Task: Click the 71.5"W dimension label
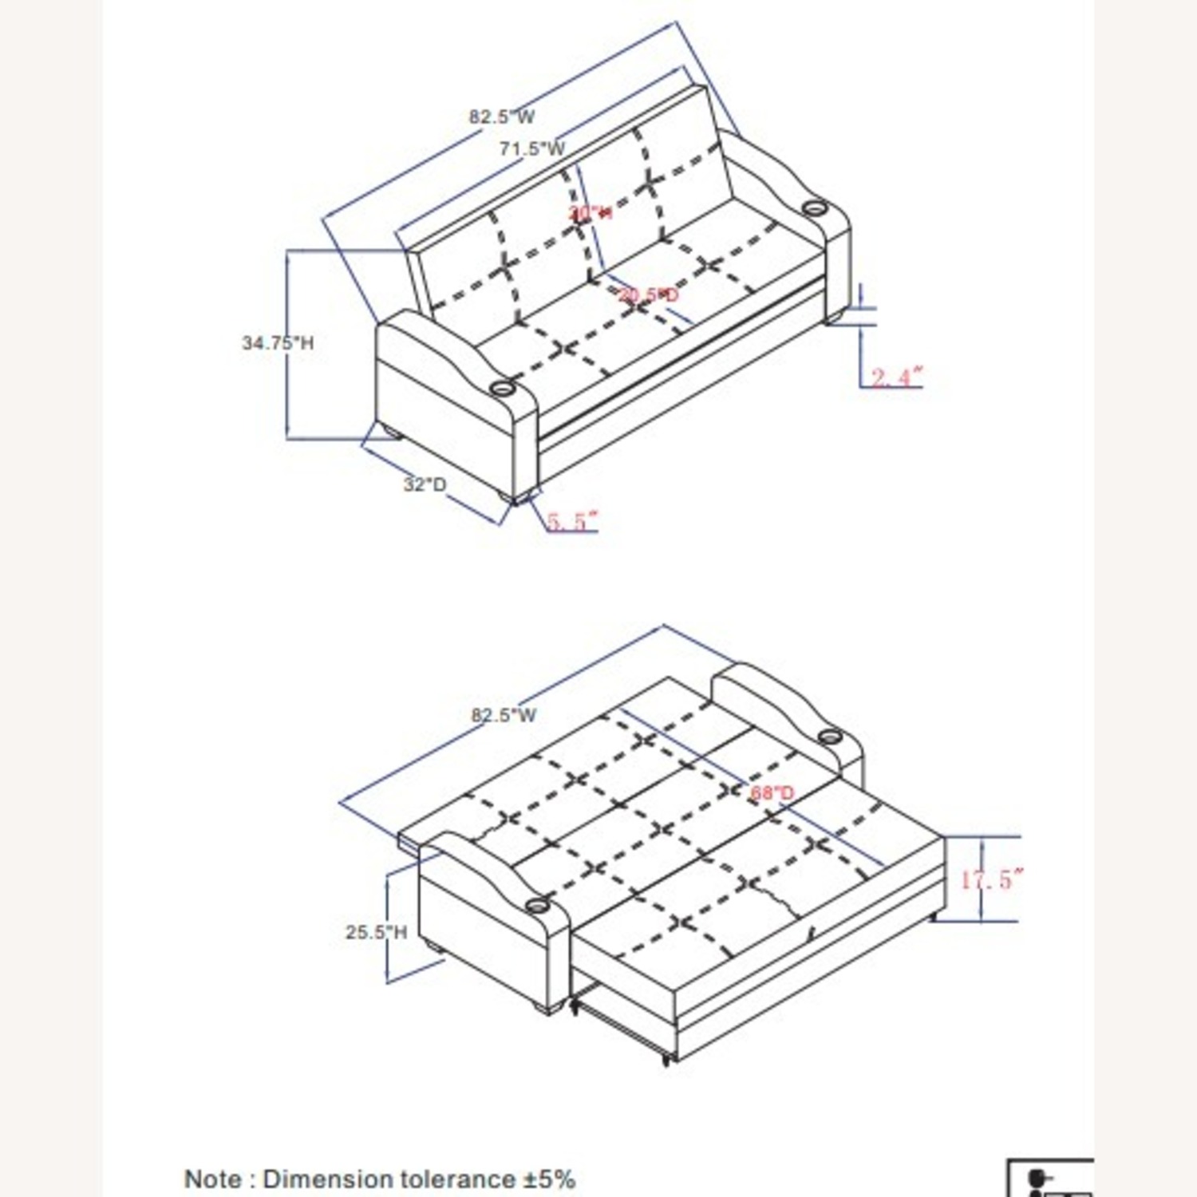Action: (532, 148)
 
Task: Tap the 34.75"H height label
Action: (278, 343)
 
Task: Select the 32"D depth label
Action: (425, 484)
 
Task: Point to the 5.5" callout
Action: (571, 521)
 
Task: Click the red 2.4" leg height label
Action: (896, 377)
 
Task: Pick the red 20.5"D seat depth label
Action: (649, 295)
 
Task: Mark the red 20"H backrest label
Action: (591, 213)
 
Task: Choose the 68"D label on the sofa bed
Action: (772, 793)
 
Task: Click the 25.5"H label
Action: (376, 932)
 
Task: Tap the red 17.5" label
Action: (990, 880)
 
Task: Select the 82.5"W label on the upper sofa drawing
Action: (501, 117)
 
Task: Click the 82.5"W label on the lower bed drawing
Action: (504, 715)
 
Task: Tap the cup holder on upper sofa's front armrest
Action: (503, 389)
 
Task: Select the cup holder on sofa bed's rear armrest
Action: (829, 733)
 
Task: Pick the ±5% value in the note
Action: (550, 1179)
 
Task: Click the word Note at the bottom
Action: (213, 1179)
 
